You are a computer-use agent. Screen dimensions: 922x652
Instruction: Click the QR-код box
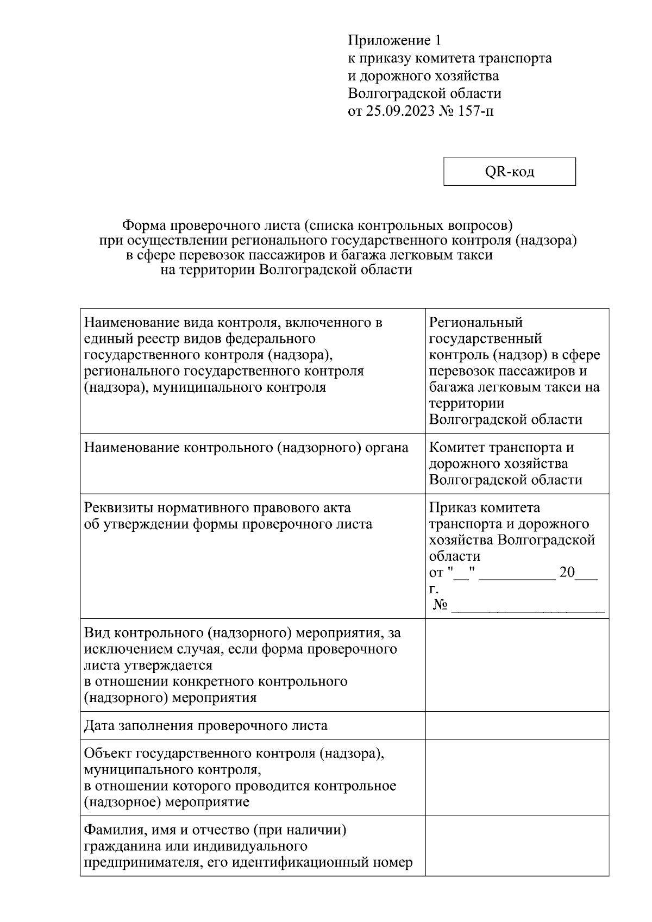(x=509, y=172)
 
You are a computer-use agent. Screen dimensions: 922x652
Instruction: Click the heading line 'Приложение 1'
(x=395, y=41)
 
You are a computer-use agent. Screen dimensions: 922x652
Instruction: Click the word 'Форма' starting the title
(x=143, y=224)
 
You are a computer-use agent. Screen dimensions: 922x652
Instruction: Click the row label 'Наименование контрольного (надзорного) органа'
(x=246, y=448)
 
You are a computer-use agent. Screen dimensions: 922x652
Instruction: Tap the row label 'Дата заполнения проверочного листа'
(x=206, y=726)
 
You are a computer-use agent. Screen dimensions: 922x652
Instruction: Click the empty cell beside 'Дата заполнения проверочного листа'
(x=516, y=725)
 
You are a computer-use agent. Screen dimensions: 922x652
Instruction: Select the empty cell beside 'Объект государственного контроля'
(x=516, y=777)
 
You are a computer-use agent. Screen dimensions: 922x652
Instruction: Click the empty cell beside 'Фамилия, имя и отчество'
(x=516, y=846)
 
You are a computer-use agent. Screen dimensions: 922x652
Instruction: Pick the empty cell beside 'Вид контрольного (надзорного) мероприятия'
(x=516, y=665)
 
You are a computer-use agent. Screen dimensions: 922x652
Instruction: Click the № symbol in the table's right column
(x=441, y=605)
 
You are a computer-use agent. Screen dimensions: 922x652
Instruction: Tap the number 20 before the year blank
(x=567, y=573)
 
